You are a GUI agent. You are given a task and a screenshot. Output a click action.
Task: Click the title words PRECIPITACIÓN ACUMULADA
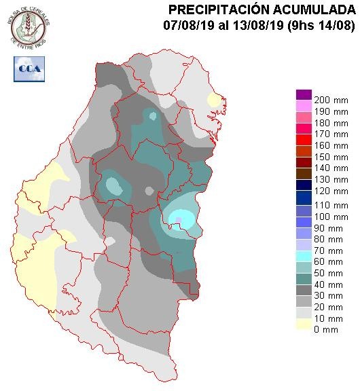261,10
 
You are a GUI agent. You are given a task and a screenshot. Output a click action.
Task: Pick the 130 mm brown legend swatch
304,173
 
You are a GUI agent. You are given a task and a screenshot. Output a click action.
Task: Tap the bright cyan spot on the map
182,219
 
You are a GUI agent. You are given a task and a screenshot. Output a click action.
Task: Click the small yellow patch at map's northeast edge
215,101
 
